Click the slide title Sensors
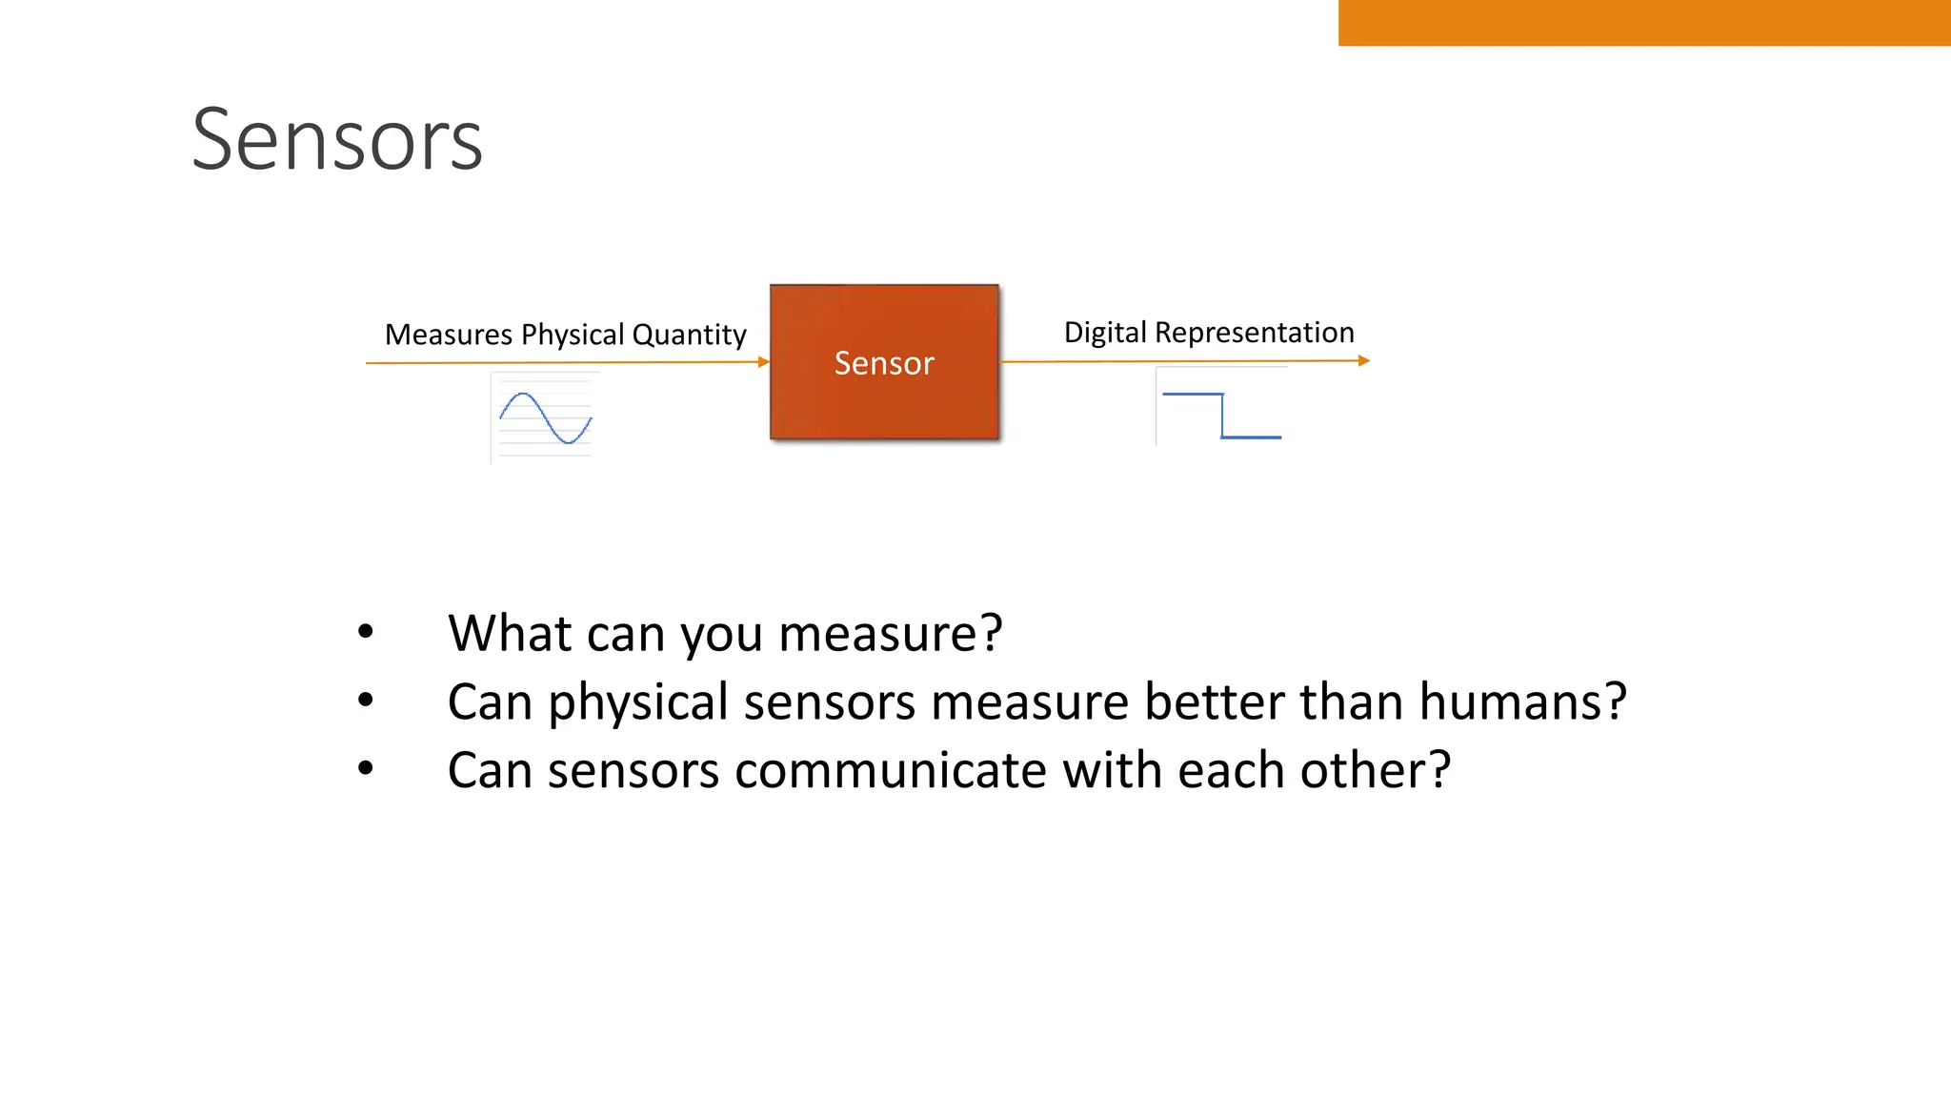(337, 140)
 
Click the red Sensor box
(884, 362)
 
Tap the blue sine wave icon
(545, 417)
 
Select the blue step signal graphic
(1222, 415)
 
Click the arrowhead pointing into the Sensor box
(764, 362)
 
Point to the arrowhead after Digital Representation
(1364, 360)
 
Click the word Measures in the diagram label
(449, 335)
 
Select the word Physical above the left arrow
(573, 335)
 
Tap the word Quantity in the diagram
(689, 335)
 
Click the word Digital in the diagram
(1105, 333)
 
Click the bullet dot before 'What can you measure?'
(366, 631)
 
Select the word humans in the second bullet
(1522, 701)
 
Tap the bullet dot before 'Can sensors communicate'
(366, 768)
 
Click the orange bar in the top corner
(1644, 23)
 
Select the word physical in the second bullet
(638, 703)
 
